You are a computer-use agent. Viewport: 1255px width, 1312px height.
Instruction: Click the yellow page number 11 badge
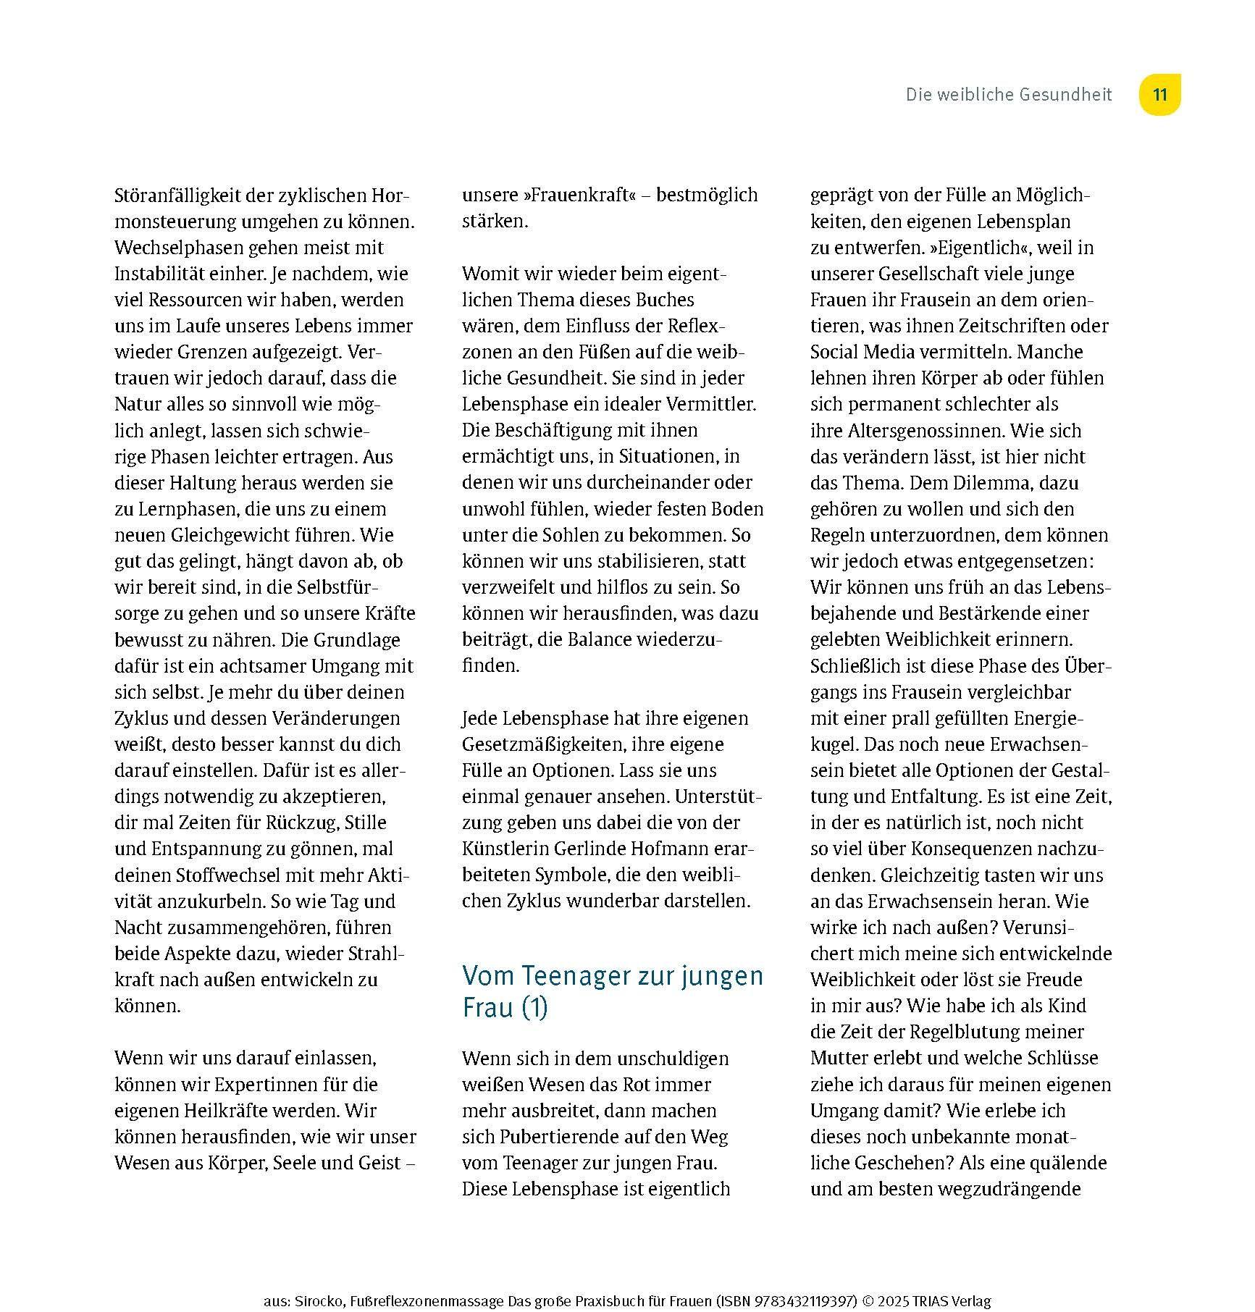tap(1159, 95)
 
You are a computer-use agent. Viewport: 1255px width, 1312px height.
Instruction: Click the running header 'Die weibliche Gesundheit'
tap(1008, 95)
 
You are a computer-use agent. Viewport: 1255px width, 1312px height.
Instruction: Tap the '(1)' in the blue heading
tap(534, 1008)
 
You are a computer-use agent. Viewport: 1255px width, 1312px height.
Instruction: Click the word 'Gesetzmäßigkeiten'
tap(542, 744)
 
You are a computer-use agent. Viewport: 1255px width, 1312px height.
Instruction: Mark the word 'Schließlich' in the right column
tap(853, 666)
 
